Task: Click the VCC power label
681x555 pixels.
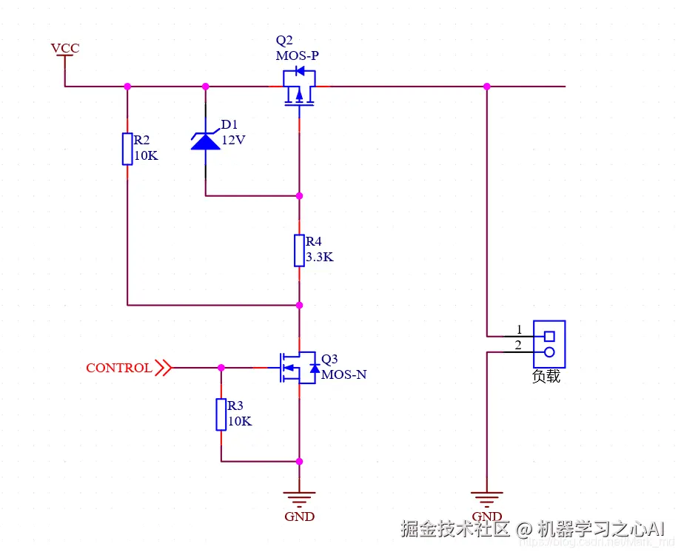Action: coord(65,49)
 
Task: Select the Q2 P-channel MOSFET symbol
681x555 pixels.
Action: coord(299,87)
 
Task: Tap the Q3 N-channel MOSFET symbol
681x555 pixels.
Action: coord(298,367)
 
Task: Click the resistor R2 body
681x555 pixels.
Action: coord(127,149)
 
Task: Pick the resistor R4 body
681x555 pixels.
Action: coord(299,250)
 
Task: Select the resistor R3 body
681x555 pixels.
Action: coord(221,414)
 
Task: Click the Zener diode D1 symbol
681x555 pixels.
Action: coord(206,140)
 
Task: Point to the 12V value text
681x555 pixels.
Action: coord(232,139)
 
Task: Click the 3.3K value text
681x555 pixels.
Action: coord(320,258)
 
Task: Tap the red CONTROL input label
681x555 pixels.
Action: coord(119,368)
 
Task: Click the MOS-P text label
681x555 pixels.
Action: coord(298,55)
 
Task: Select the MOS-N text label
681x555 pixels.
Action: coord(344,374)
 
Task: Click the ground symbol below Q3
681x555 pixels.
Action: coord(299,497)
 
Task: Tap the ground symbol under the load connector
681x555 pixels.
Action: coord(487,497)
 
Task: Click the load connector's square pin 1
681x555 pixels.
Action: coord(549,335)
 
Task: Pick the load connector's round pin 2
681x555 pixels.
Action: coord(549,352)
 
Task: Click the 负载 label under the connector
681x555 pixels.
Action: coord(546,377)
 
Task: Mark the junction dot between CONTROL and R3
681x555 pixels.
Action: coord(221,367)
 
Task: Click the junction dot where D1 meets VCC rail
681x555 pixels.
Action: coord(206,87)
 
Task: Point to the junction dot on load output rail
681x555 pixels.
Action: coord(487,87)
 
